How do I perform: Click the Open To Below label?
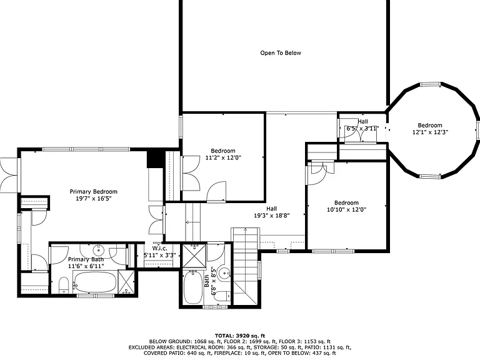(281, 53)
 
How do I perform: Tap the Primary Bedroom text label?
(93, 192)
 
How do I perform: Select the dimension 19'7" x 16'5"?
(93, 199)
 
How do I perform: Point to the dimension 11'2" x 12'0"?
(223, 158)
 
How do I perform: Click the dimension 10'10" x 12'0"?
(346, 210)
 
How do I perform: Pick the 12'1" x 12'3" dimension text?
(430, 132)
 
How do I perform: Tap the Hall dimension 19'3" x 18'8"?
(271, 216)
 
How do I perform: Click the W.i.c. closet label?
(160, 249)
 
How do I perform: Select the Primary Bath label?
(86, 259)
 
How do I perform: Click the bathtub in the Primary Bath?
(95, 282)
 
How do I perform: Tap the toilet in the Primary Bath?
(64, 285)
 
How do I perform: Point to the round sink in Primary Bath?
(99, 250)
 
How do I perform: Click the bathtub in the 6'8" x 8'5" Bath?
(192, 287)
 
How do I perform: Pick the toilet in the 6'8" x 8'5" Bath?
(222, 296)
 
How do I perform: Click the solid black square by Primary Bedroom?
(156, 159)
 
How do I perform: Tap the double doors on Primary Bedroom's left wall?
(9, 176)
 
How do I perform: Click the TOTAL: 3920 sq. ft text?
(240, 336)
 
